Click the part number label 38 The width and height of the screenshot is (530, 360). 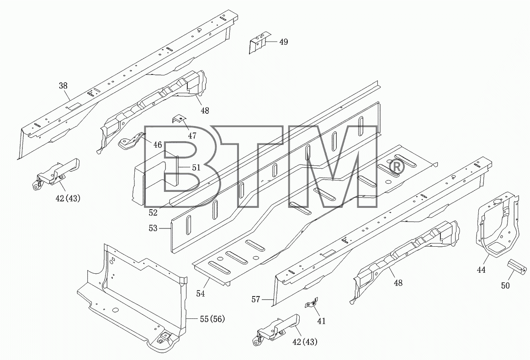pos(63,85)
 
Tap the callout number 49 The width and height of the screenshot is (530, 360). pos(284,42)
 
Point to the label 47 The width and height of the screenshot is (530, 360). pos(192,136)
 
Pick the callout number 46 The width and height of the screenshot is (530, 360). pos(158,145)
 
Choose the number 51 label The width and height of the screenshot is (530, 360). pos(196,167)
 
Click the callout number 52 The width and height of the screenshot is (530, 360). pos(153,212)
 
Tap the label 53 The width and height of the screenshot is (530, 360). pos(153,228)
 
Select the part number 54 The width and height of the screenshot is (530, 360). pos(201,294)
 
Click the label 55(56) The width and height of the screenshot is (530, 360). pos(212,319)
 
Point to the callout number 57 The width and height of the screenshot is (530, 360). pos(256,299)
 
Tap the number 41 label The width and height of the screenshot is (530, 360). pos(322,321)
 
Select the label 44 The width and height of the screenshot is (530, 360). pos(481,270)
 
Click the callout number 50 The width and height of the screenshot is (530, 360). pos(505,286)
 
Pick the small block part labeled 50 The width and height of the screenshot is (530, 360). pos(518,267)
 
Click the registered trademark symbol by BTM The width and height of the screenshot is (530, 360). pos(396,168)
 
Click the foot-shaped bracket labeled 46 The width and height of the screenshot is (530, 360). pos(130,143)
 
